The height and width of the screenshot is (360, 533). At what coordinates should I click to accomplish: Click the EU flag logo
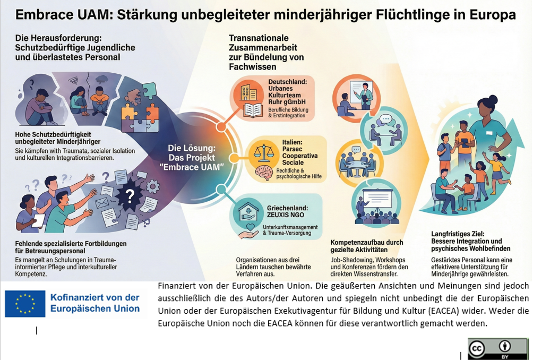pos(25,304)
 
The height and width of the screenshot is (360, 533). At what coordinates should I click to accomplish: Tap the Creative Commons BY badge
pos(497,349)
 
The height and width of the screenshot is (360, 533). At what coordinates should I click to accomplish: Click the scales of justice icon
pos(264,153)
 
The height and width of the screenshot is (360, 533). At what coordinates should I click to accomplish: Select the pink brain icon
pos(264,172)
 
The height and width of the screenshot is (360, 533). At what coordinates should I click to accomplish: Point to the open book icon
pos(253,110)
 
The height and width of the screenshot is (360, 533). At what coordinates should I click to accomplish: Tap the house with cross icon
pos(248,213)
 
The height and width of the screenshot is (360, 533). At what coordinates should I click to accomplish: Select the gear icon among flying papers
pos(152,186)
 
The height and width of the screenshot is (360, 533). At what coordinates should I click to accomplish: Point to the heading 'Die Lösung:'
pos(192,148)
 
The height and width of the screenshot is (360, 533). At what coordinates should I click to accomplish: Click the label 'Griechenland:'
pos(287,208)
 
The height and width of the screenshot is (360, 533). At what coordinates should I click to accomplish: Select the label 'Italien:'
pos(292,142)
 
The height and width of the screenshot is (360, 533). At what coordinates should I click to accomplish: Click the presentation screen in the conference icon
pos(377,198)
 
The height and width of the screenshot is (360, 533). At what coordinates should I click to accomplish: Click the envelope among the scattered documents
pos(101,203)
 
